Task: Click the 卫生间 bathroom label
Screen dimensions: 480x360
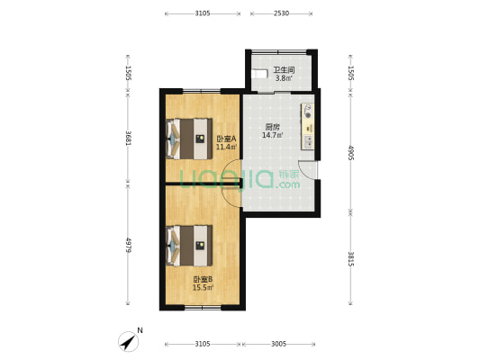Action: click(284, 70)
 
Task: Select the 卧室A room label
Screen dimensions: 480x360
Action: click(226, 139)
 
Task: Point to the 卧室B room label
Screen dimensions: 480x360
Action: click(203, 279)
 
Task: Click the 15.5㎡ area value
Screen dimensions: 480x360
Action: click(203, 287)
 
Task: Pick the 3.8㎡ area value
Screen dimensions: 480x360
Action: click(284, 78)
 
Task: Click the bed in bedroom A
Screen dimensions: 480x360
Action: click(189, 139)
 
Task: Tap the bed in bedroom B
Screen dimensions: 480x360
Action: click(189, 246)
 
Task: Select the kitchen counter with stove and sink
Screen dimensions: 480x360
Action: click(308, 127)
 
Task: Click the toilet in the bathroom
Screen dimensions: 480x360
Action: click(259, 74)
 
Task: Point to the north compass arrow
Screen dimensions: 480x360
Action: click(129, 342)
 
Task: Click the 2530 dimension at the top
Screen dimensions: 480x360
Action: click(281, 13)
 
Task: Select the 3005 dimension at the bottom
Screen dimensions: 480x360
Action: click(278, 345)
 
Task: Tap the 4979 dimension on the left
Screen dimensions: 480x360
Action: click(128, 245)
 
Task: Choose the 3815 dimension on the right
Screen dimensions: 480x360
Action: click(351, 259)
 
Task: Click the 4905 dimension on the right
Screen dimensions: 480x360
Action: click(351, 153)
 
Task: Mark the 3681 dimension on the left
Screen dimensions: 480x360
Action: click(128, 138)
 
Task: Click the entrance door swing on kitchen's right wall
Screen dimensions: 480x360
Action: click(308, 170)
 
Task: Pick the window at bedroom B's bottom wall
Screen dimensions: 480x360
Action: click(203, 308)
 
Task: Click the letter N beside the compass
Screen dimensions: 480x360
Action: click(140, 330)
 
